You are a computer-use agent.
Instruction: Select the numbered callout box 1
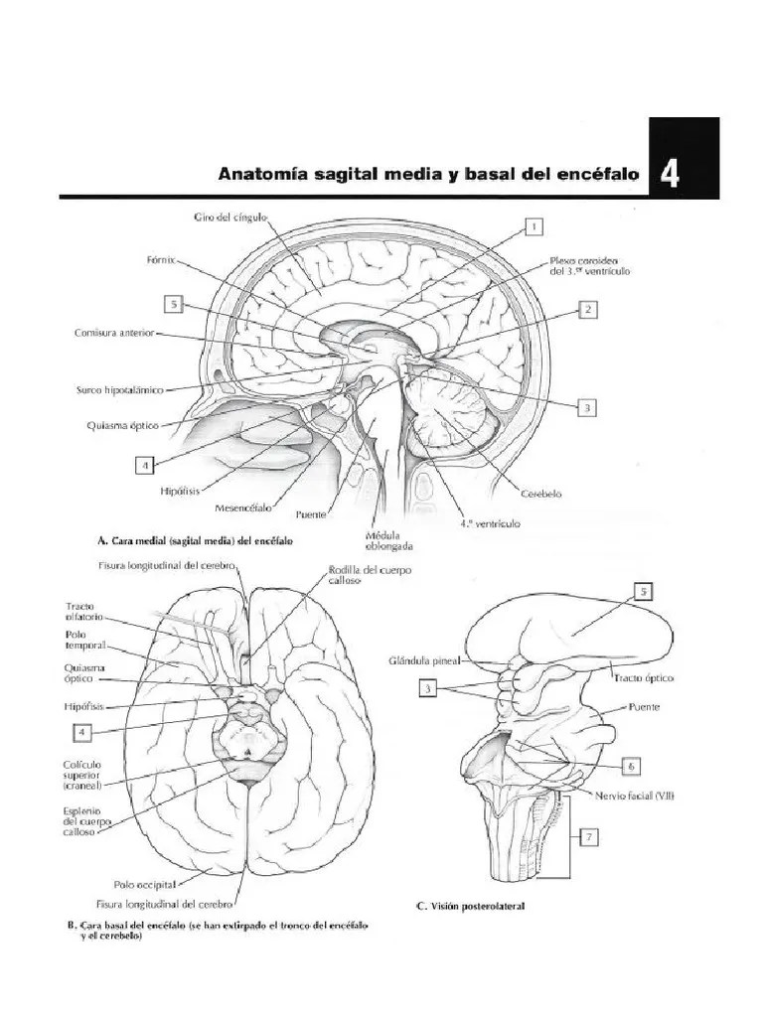pos(534,226)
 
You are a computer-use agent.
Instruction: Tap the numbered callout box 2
pos(588,310)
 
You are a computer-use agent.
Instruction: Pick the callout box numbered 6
pos(633,766)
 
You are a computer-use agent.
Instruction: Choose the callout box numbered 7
pos(589,838)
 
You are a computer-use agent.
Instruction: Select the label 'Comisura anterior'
pos(113,335)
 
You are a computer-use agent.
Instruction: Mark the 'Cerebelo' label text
pos(542,491)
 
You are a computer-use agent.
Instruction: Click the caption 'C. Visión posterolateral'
pos(470,906)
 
